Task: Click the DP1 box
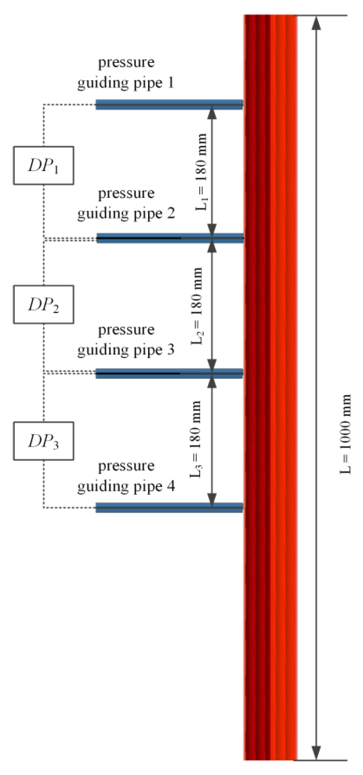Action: (x=43, y=165)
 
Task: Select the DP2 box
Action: (x=43, y=304)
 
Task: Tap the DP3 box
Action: (x=43, y=441)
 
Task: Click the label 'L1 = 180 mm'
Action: (x=201, y=172)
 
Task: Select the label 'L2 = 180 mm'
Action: (x=197, y=306)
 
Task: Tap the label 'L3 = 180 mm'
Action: (x=195, y=439)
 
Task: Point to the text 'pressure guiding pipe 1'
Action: (x=126, y=72)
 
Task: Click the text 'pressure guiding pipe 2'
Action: (x=126, y=203)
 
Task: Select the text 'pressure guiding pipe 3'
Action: (x=126, y=340)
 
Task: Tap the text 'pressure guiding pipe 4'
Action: (x=126, y=476)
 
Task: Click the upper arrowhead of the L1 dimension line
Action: (x=212, y=113)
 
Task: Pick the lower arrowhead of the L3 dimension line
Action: (x=212, y=499)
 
